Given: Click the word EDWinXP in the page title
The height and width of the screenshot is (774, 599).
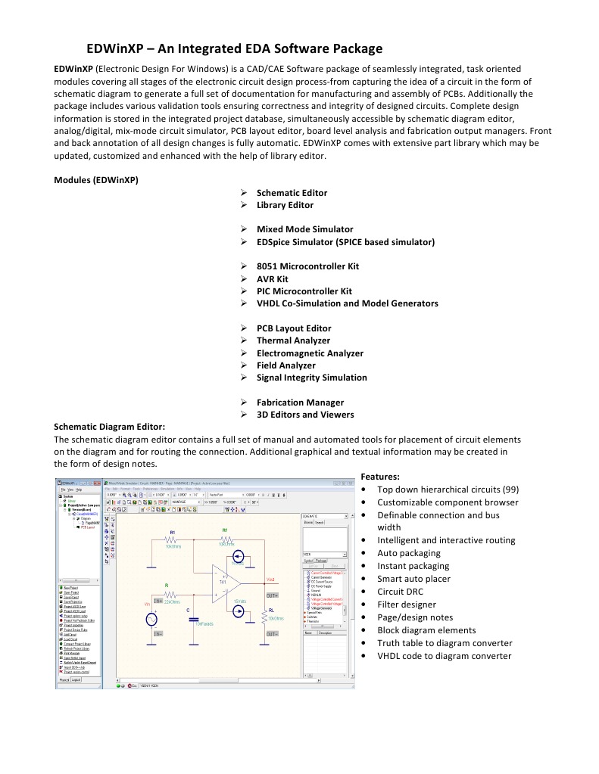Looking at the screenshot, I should point(113,49).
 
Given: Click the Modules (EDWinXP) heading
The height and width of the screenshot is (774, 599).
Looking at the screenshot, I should point(95,180).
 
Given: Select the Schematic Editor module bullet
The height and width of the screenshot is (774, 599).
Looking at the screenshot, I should point(292,193).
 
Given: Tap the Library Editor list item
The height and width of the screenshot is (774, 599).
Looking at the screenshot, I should point(285,205).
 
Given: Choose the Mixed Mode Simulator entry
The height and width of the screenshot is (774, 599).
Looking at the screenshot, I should point(304,229).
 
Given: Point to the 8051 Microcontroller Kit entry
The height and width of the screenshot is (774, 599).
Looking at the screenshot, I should point(307,266).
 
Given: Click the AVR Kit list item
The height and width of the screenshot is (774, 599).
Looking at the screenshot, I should point(272,278).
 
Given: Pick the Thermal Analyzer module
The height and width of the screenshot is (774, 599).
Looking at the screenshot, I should point(293,340).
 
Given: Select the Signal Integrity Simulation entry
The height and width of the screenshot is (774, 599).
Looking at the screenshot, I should point(311,378).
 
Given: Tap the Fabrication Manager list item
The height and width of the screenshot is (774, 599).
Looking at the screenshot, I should point(300,403).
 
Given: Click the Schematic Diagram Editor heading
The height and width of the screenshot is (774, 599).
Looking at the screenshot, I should point(109,427).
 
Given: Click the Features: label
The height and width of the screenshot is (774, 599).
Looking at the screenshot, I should point(380,477).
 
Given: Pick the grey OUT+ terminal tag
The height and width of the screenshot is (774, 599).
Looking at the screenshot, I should point(273,596).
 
